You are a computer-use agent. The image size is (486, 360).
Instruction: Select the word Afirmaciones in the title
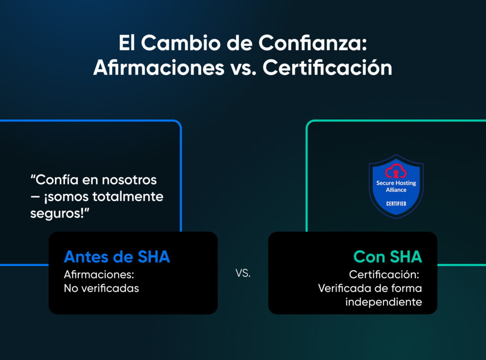click(x=159, y=67)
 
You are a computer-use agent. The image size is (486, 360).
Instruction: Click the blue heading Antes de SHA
click(x=117, y=257)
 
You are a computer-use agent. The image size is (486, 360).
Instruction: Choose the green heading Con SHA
click(x=388, y=257)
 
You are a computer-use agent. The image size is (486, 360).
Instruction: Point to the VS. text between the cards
click(x=243, y=274)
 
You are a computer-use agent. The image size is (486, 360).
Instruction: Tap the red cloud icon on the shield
click(x=396, y=171)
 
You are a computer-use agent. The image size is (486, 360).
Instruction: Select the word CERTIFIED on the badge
click(x=396, y=204)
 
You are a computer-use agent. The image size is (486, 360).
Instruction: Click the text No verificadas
click(x=101, y=288)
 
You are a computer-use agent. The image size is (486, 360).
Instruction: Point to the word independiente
click(x=383, y=302)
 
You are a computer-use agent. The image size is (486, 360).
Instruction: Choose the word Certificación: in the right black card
click(x=385, y=275)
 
